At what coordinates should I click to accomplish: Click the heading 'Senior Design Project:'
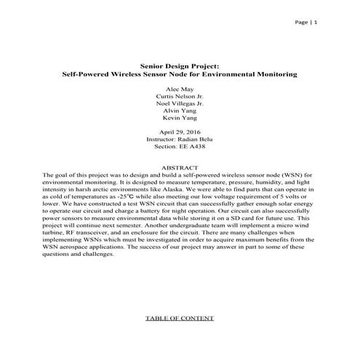coord(179,65)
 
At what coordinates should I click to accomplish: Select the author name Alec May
coord(179,88)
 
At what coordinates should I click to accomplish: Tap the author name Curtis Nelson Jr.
coord(179,96)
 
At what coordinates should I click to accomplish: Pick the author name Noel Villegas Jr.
coord(179,104)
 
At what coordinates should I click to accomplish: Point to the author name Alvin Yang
coord(179,112)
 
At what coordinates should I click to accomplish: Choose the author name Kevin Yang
coord(179,120)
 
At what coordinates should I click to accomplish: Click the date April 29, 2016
coord(179,132)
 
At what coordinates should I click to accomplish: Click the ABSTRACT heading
coord(179,167)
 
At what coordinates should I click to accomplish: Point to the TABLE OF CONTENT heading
coord(179,318)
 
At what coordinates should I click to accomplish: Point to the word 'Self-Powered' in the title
coord(82,74)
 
